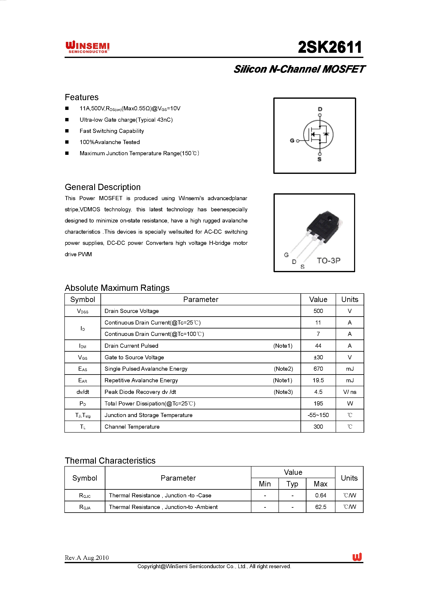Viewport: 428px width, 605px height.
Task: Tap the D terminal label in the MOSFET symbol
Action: (x=320, y=109)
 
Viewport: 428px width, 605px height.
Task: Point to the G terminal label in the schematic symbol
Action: (x=292, y=141)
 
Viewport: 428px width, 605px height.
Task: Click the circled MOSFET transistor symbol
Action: (x=318, y=134)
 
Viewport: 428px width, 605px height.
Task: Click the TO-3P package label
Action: (x=328, y=260)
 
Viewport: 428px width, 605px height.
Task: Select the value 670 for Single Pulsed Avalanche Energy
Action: (x=318, y=369)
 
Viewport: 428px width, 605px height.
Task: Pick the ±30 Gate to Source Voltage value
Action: (x=318, y=357)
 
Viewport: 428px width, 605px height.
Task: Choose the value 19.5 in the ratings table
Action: (x=318, y=380)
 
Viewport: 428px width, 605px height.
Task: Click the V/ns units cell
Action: (x=350, y=392)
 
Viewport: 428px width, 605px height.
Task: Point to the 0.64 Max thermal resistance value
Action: (x=321, y=495)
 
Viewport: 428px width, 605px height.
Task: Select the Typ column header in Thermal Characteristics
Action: (x=292, y=484)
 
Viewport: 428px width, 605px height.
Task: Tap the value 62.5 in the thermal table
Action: (x=321, y=507)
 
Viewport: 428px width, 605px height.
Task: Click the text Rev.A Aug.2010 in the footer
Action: (x=87, y=558)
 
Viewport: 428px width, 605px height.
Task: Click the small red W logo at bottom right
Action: (x=357, y=557)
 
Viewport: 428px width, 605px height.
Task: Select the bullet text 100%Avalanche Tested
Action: (x=110, y=142)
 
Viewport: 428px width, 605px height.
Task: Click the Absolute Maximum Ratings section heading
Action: (x=117, y=288)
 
